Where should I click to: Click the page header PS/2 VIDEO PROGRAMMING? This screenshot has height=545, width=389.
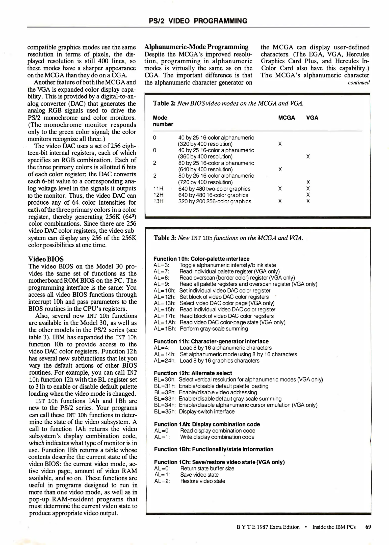(x=198, y=21)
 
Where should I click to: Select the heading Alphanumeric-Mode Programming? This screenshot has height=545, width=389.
(x=196, y=47)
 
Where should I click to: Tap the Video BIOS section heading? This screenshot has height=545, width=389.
(x=46, y=259)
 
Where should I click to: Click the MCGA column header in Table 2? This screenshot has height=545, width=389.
(x=286, y=118)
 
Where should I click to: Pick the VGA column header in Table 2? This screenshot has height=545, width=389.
(x=312, y=118)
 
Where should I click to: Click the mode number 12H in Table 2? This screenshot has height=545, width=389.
(x=158, y=195)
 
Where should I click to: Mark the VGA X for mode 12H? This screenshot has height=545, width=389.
(x=308, y=195)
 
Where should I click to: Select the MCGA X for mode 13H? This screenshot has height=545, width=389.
(x=280, y=201)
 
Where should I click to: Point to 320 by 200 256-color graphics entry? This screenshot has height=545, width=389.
(x=215, y=201)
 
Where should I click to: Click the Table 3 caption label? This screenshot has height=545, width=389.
(x=165, y=238)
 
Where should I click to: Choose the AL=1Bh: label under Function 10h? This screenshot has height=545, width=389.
(x=165, y=329)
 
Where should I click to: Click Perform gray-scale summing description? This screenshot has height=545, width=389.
(x=214, y=329)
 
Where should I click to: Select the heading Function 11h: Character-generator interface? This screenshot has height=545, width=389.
(x=211, y=341)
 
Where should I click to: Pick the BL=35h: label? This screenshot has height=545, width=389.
(x=165, y=412)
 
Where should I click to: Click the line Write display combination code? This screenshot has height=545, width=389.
(x=217, y=437)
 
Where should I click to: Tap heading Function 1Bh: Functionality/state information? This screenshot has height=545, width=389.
(x=214, y=449)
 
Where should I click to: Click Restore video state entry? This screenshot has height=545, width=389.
(x=202, y=481)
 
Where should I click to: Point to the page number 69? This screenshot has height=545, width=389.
(x=368, y=527)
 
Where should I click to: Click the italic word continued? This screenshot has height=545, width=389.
(x=358, y=83)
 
